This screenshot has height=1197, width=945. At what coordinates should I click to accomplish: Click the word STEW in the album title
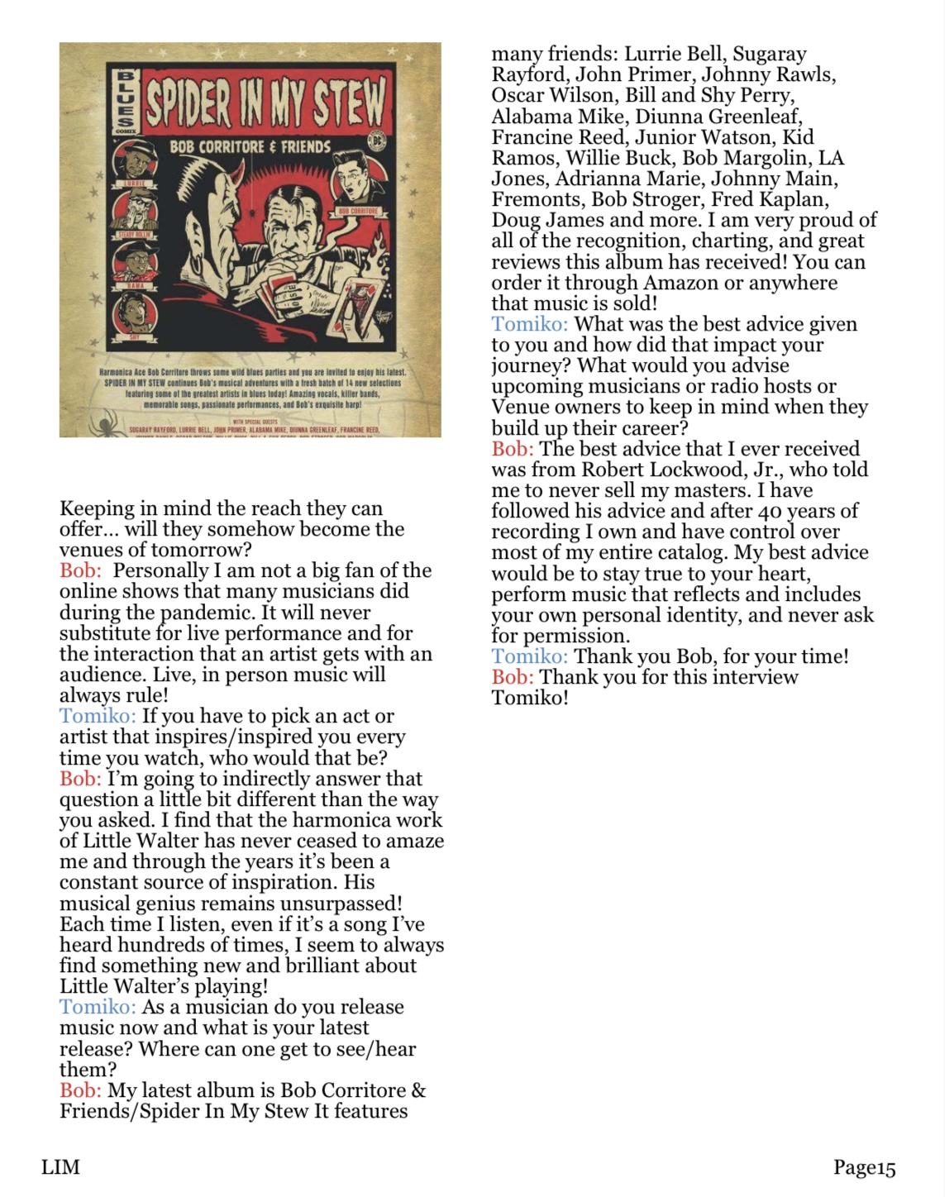348,102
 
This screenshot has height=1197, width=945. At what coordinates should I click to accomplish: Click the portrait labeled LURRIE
136,162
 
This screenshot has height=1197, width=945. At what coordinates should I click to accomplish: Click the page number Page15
864,1167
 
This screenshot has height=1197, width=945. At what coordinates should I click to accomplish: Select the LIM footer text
61,1167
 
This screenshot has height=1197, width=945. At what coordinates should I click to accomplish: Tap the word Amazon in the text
681,283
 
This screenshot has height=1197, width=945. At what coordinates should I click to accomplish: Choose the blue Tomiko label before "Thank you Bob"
529,656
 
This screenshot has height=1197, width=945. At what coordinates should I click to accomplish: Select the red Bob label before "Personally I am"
80,570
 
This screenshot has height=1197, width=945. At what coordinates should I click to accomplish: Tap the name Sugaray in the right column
770,55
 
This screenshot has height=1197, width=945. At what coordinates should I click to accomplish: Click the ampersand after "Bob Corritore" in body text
418,1090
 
